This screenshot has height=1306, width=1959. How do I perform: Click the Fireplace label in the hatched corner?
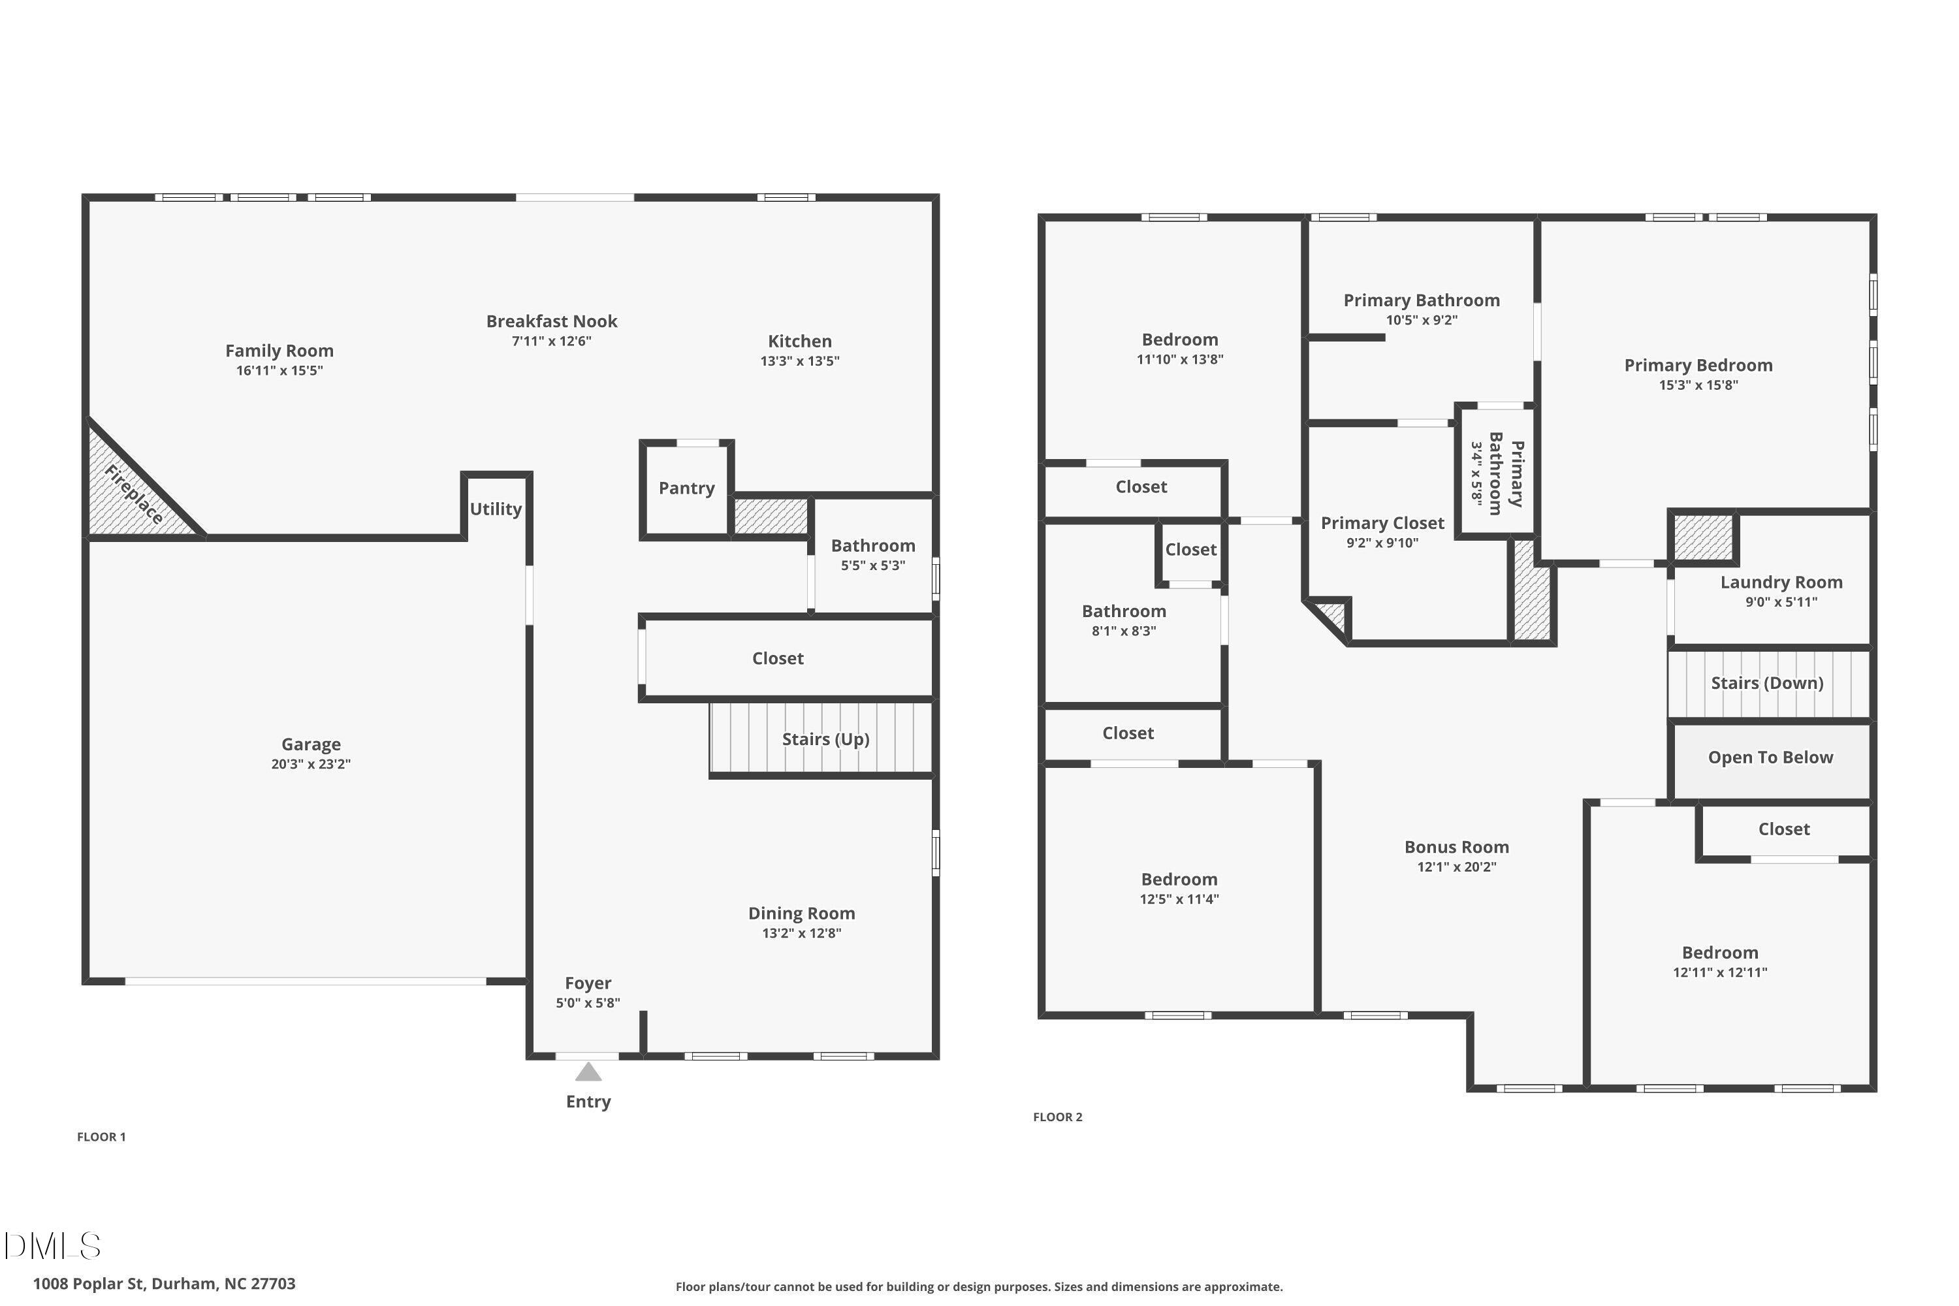(x=133, y=495)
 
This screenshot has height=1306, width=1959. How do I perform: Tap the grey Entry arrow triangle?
(x=588, y=1072)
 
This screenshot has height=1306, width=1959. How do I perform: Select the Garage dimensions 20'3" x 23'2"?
(x=311, y=765)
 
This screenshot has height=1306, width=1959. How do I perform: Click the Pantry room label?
(x=686, y=488)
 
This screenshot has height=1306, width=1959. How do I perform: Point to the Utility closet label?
(x=496, y=509)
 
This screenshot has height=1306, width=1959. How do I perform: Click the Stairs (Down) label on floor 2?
(x=1766, y=683)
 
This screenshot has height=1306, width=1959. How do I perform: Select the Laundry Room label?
(x=1781, y=582)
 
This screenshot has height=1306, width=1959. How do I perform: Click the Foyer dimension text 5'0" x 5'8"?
(x=588, y=1004)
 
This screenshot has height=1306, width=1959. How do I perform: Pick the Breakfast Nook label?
(x=551, y=321)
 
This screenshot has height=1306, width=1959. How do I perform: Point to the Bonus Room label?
(x=1456, y=847)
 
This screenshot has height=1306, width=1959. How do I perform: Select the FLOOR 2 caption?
(x=1057, y=1117)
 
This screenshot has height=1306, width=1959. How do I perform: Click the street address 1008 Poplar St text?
(x=164, y=1284)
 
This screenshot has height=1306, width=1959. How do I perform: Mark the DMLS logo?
(x=52, y=1247)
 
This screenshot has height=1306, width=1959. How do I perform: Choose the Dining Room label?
(x=801, y=914)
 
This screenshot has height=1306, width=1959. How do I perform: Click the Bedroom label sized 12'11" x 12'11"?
(x=1719, y=953)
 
